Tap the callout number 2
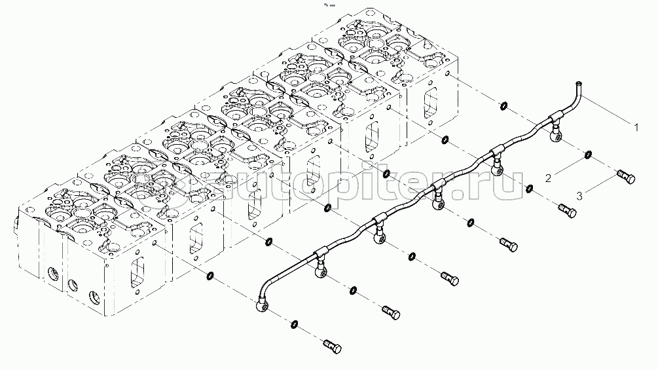[x=550, y=177]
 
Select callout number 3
[x=580, y=194]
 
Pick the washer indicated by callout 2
[x=589, y=155]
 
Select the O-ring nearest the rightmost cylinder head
[x=502, y=105]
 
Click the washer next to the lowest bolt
[x=295, y=324]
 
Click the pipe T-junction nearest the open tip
[x=553, y=118]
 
